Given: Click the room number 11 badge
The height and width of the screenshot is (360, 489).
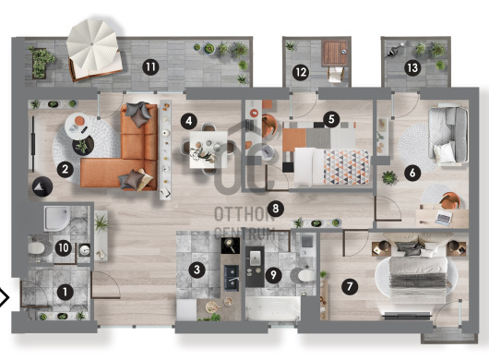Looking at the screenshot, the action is point(150,67).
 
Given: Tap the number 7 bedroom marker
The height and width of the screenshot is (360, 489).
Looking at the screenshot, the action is point(350,286).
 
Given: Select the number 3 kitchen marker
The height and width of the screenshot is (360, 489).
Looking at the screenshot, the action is point(197,270).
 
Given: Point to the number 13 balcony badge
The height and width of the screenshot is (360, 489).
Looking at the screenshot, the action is point(412,67).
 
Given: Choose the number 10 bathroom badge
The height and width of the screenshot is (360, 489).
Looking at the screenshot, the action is point(64,248).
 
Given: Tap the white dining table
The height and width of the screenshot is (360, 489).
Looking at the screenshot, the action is point(209,150).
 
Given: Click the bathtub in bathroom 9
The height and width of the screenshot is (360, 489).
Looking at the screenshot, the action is point(273,308).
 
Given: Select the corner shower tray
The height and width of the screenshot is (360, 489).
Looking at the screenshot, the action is point(57,219).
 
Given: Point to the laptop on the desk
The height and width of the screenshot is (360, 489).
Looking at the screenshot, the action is point(443,218).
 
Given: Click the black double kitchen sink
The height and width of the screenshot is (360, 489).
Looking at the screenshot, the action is point(232,278).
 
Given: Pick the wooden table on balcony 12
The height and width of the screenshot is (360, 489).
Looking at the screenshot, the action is point(335,53).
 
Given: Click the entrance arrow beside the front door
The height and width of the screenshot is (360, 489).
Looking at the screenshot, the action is point(5,297).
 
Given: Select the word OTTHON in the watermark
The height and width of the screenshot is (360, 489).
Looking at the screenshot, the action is point(244,214).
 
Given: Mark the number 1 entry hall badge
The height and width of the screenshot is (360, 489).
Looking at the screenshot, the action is point(66,293).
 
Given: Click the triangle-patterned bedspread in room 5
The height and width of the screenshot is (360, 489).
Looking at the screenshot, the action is point(346,167).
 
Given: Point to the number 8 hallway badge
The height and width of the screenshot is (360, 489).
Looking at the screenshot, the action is point(275,209).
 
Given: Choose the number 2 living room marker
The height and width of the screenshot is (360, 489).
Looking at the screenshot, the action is point(66,170).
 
